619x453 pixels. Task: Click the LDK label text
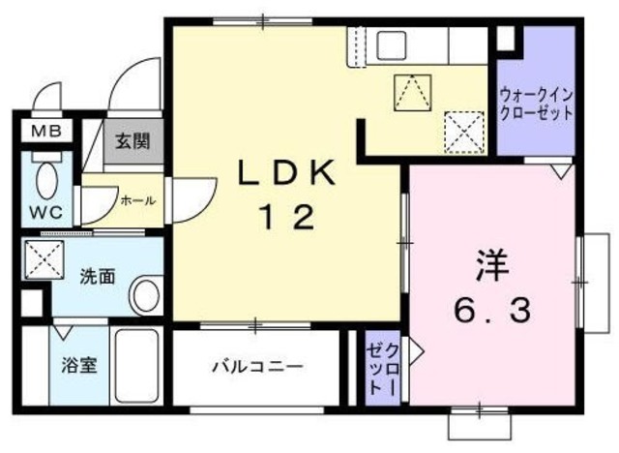[x=286, y=174]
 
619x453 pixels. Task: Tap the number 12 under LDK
[x=286, y=218]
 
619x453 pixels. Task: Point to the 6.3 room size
[x=491, y=312]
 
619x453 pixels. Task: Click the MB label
[x=42, y=132]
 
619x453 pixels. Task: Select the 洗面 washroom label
[x=98, y=275]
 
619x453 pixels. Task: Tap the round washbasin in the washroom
[x=145, y=296]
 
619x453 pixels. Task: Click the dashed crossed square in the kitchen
[x=463, y=128]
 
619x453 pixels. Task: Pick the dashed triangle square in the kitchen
[x=412, y=92]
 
